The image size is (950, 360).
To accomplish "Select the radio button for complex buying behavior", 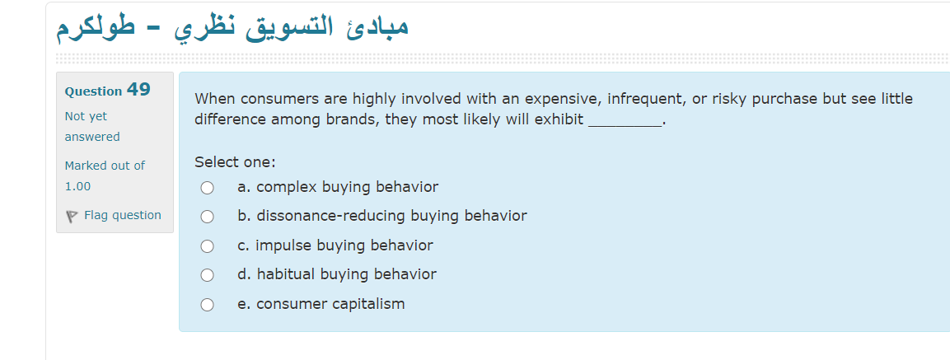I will click(x=207, y=188).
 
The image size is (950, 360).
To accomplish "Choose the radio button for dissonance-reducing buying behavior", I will click(x=207, y=217).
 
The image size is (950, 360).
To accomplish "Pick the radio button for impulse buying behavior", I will click(x=207, y=246).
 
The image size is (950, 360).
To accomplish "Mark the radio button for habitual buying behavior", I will click(x=207, y=275).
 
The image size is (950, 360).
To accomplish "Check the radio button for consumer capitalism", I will click(x=207, y=305).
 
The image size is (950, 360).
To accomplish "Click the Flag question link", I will click(x=122, y=215).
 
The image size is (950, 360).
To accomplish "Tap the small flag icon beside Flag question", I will click(x=72, y=216).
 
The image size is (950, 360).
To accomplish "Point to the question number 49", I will click(x=138, y=90).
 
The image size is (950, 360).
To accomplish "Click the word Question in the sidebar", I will click(x=93, y=91).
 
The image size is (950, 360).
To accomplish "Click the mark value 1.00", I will click(x=78, y=186).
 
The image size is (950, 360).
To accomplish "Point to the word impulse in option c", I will click(x=283, y=245).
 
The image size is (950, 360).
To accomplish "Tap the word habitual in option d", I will click(x=286, y=274).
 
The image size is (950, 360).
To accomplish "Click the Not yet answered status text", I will click(x=91, y=126).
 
